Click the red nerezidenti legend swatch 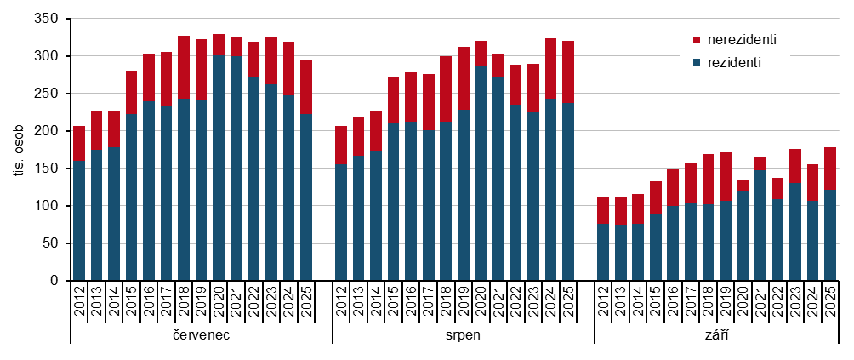697,40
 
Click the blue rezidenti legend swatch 697,63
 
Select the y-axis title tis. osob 19,150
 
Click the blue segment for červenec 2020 219,168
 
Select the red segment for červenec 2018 184,66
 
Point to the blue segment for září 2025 830,235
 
